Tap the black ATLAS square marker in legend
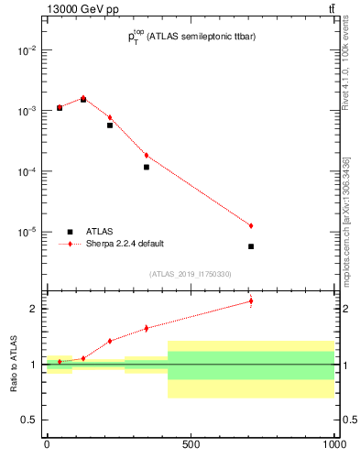point(69,232)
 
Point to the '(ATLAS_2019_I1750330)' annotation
point(190,274)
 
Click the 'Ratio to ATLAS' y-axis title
point(13,364)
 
